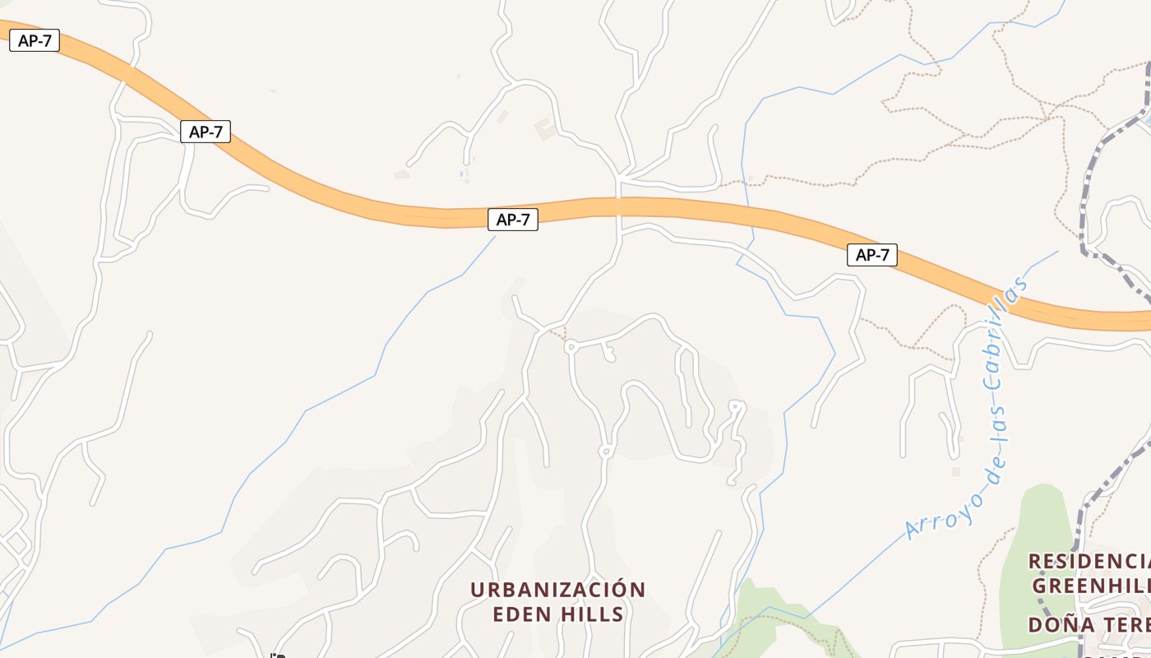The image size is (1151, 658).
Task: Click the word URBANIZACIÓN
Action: tap(557, 590)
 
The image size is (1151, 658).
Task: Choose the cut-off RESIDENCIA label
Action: tap(1089, 561)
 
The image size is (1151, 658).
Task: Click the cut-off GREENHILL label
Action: tap(1091, 586)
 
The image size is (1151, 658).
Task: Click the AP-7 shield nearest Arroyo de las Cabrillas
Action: tap(871, 255)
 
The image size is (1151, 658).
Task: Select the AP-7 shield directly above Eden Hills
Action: tap(512, 220)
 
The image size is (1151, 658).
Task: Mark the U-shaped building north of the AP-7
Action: tap(543, 128)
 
